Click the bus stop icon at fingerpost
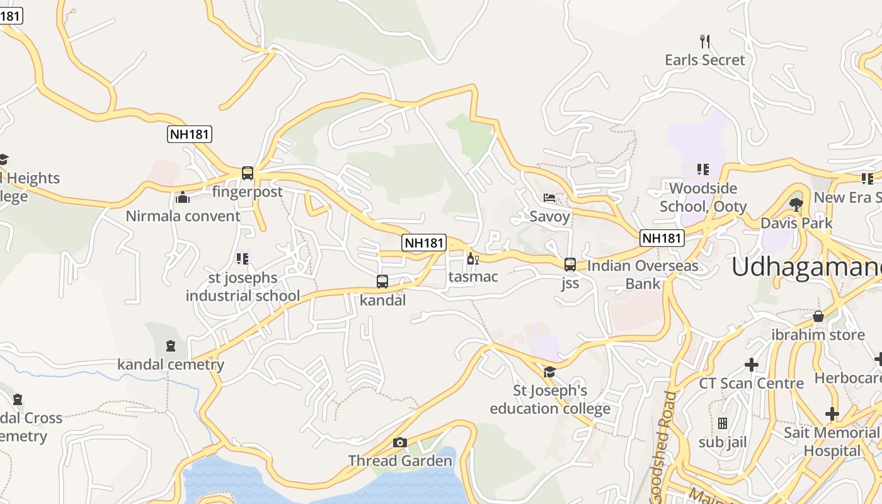tap(248, 173)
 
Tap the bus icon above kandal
tap(382, 282)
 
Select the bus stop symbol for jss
tap(570, 265)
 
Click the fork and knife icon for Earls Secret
tap(705, 42)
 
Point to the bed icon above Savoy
tap(549, 198)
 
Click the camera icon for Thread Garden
tap(400, 442)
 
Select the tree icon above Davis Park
tap(796, 204)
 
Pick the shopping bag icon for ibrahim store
tap(818, 316)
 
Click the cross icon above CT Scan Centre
tap(751, 364)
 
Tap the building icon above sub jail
tap(723, 423)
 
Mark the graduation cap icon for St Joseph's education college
tap(549, 372)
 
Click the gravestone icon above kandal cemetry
tap(171, 346)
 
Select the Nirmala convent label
tap(183, 216)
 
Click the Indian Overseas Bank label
tap(643, 275)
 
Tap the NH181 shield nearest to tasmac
tap(424, 243)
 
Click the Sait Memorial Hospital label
tap(832, 442)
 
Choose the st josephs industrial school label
tap(243, 287)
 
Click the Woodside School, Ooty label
tap(703, 197)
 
